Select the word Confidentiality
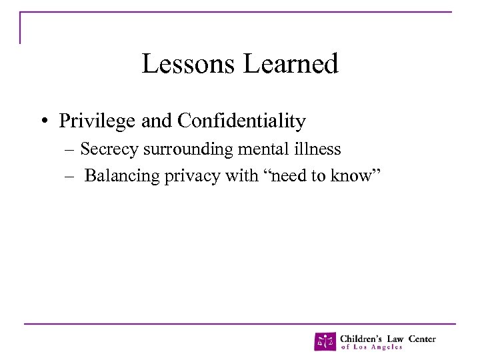pos(242,121)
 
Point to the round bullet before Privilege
pos(42,122)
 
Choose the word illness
pos(317,149)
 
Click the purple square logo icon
pos(325,341)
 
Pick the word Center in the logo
pos(421,338)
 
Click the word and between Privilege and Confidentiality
pos(159,121)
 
